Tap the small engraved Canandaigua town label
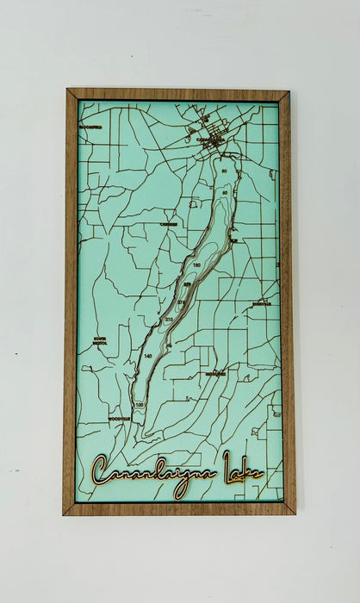[x=209, y=140]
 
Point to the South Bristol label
[x=102, y=340]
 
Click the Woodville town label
[x=119, y=419]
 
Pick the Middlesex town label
[x=215, y=374]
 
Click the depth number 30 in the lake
[x=224, y=172]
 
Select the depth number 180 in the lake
[x=196, y=264]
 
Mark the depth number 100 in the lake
[x=140, y=404]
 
